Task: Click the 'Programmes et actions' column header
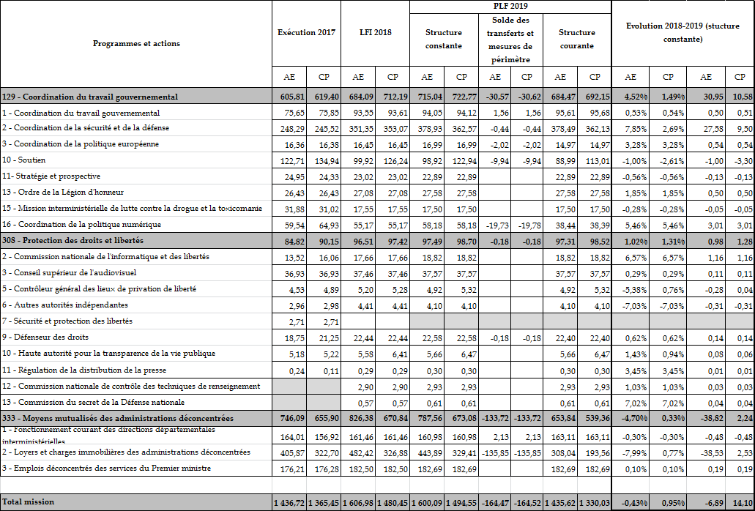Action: tap(136, 43)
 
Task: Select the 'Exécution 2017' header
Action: tap(306, 33)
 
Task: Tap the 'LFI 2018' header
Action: tap(375, 33)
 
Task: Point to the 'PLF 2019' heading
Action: tap(510, 6)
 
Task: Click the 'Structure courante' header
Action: tap(576, 39)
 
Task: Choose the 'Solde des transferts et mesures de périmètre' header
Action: tap(510, 39)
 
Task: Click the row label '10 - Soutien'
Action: tap(24, 160)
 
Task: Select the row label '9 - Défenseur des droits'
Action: tap(45, 337)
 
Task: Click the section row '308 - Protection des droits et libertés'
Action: tap(72, 240)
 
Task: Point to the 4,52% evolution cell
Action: tap(633, 97)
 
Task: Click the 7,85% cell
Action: tap(634, 129)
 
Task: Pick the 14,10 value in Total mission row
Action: tap(742, 503)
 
